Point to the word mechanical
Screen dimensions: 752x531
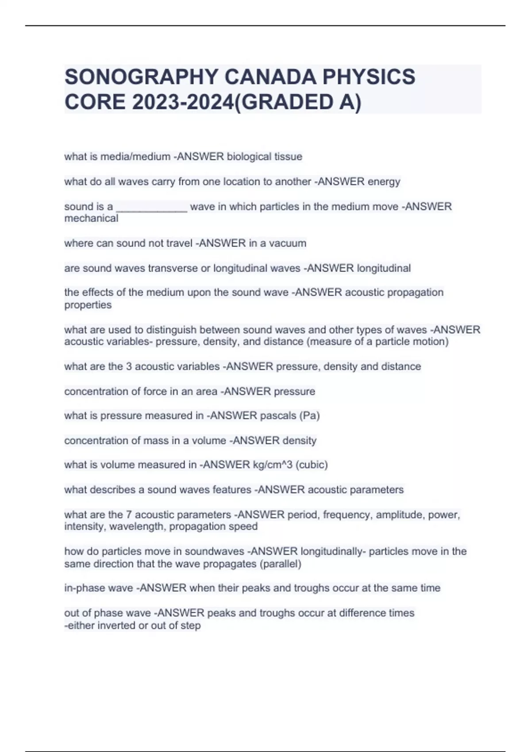(x=91, y=219)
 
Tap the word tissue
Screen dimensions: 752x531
(x=288, y=157)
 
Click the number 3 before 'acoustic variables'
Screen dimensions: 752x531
(x=129, y=367)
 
